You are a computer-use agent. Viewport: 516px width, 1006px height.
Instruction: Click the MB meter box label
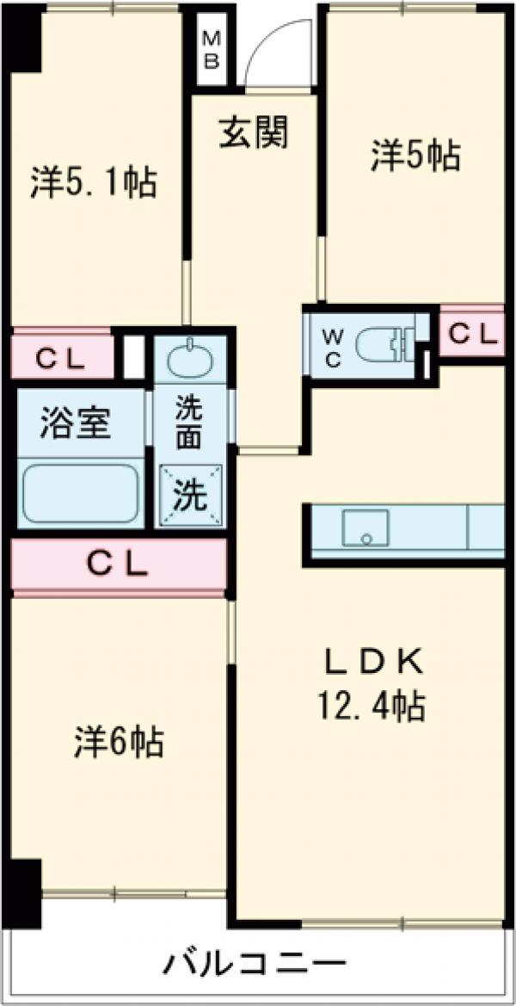(x=211, y=50)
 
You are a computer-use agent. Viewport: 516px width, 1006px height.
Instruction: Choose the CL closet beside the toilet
(x=472, y=334)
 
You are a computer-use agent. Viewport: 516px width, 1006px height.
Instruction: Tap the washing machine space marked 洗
(x=190, y=495)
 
